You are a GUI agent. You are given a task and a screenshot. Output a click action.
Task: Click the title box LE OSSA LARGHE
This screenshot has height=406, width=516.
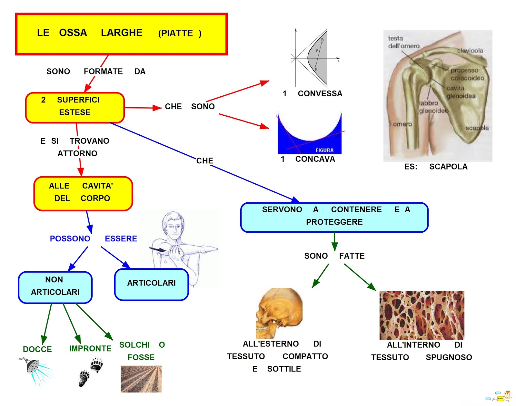[x=121, y=34]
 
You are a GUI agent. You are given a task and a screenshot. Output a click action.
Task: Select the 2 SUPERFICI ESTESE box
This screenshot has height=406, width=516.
[x=75, y=108]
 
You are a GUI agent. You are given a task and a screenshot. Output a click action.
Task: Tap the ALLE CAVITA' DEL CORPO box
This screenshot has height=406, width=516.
[x=83, y=193]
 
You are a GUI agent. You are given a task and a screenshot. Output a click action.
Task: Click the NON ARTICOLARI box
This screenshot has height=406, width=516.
[x=55, y=287]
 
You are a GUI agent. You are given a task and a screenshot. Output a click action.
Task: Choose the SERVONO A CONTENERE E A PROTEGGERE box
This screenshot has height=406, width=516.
[x=334, y=217]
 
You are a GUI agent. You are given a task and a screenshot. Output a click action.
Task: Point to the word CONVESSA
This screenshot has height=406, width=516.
[x=320, y=94]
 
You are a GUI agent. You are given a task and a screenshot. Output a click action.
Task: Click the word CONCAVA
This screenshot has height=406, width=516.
[x=315, y=159]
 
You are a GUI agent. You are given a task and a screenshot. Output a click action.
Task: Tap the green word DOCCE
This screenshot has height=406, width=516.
[x=37, y=349]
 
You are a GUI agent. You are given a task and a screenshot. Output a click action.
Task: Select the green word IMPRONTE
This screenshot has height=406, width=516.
[x=90, y=349]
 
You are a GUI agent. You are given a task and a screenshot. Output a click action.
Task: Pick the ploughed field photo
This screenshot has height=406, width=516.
[x=141, y=379]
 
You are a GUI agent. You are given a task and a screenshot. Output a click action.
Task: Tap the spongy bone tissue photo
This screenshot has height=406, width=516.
[x=422, y=315]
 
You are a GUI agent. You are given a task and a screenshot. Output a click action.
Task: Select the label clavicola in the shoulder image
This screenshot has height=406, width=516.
[x=470, y=51]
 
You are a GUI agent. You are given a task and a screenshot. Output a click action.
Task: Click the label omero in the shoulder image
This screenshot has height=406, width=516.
[x=402, y=124]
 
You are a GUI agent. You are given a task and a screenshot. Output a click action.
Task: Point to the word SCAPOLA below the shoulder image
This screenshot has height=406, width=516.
[x=448, y=167]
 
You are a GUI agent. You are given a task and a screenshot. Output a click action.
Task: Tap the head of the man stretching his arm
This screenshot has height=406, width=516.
[x=174, y=224]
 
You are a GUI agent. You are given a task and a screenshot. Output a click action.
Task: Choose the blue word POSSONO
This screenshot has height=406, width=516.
[x=70, y=239]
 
